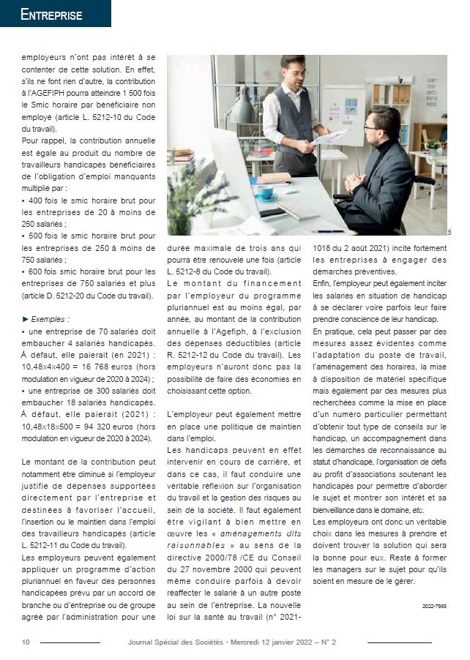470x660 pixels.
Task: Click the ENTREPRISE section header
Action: [51, 15]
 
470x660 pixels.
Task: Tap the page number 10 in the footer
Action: [26, 642]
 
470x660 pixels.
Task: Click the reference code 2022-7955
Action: [434, 606]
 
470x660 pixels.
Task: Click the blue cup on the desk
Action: [264, 193]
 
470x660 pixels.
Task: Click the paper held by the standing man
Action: [331, 137]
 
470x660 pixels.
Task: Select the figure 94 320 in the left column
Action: [102, 427]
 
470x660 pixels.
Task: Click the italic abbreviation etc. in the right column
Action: [417, 509]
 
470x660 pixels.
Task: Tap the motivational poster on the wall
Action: [431, 94]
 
